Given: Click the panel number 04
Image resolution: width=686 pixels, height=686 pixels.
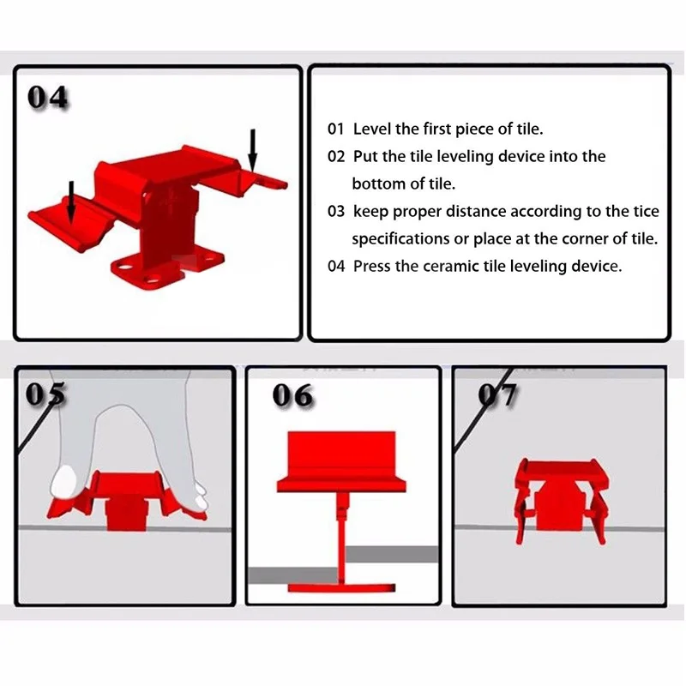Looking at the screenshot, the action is coord(47,97).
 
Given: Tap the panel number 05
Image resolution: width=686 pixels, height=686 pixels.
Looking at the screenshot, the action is coord(45,394).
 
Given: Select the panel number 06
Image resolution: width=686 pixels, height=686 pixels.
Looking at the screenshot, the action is coord(292,395).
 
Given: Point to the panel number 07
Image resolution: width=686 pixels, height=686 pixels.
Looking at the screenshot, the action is coord(497,394).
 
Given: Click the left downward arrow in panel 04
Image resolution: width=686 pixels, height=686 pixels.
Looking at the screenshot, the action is coord(72,202).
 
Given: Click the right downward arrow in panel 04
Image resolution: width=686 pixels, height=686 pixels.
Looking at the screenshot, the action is coord(252,149).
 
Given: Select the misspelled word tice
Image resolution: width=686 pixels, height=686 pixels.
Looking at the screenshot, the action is coord(647,211).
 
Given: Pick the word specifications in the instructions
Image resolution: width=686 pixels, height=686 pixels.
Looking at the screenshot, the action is coord(400,239).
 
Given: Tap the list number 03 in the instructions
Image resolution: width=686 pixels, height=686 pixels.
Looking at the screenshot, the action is coord(336,211).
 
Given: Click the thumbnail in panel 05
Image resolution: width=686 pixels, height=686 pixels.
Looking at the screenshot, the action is coord(63,481).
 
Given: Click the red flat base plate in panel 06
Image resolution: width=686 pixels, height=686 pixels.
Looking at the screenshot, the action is coord(341,588).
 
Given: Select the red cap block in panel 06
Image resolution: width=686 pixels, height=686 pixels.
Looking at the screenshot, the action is coord(341,461).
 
